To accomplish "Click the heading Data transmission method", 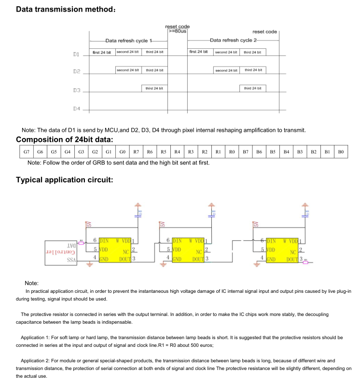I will [66, 10].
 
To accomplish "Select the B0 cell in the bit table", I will [341, 152].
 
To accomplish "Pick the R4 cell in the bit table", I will [177, 152].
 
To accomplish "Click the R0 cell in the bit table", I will [232, 152].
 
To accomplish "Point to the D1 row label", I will [76, 55].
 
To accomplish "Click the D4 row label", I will [76, 108].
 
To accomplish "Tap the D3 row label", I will [76, 90].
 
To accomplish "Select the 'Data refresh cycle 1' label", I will [128, 41].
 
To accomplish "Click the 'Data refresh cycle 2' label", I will [234, 41].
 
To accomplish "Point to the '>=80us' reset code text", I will [178, 31].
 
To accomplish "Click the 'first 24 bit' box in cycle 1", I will [102, 52].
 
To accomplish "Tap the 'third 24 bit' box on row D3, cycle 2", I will [252, 88].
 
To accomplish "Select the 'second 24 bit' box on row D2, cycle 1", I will [128, 70].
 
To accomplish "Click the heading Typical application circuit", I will [65, 180].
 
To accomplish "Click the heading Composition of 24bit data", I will [65, 140].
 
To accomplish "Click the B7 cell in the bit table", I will [246, 152].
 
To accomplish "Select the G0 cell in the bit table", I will [123, 152].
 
